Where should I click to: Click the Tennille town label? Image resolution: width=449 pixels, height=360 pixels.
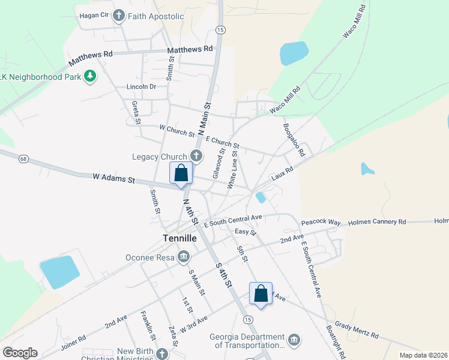pyautogui.click(x=179, y=238)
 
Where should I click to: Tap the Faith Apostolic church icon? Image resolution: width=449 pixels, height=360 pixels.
pyautogui.click(x=119, y=15)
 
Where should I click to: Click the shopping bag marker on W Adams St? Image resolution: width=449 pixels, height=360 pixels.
pyautogui.click(x=181, y=173)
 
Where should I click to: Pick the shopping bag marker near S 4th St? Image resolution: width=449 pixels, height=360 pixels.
pyautogui.click(x=261, y=294)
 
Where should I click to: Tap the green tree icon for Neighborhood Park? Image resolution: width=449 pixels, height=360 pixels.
pyautogui.click(x=90, y=76)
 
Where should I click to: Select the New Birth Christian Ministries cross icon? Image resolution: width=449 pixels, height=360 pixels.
pyautogui.click(x=161, y=354)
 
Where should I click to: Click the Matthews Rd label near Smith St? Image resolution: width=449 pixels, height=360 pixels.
pyautogui.click(x=190, y=49)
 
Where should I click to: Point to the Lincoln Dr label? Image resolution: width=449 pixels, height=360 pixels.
pyautogui.click(x=141, y=86)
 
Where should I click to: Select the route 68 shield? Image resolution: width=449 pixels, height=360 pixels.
pyautogui.click(x=23, y=159)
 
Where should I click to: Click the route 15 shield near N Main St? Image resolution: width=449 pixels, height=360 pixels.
pyautogui.click(x=220, y=29)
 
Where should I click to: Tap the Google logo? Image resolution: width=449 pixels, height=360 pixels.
pyautogui.click(x=20, y=352)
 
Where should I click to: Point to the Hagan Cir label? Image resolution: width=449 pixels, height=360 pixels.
pyautogui.click(x=93, y=15)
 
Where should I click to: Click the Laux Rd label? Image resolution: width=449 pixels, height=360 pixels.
pyautogui.click(x=282, y=174)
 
